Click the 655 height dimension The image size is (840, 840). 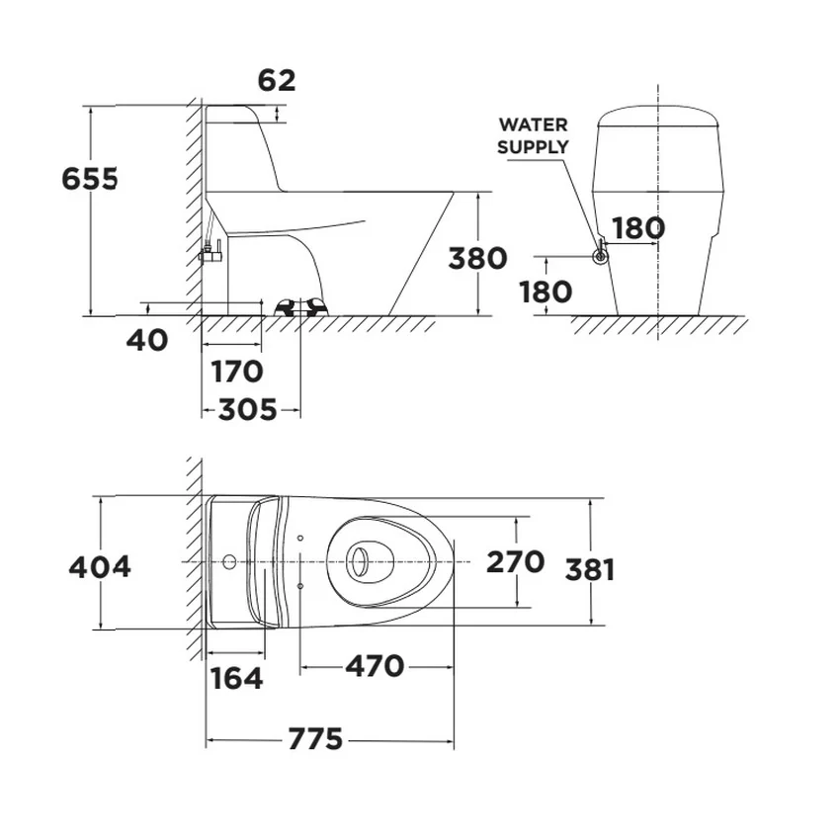[x=90, y=179]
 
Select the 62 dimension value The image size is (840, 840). [x=277, y=80]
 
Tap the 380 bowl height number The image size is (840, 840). [x=477, y=258]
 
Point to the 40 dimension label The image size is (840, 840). [x=147, y=340]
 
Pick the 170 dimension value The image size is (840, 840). [x=237, y=372]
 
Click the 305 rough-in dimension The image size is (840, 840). [x=247, y=410]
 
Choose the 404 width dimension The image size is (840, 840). [x=100, y=567]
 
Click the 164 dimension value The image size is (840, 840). [x=236, y=678]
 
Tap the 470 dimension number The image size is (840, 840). [x=375, y=666]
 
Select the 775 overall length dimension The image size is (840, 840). [x=315, y=739]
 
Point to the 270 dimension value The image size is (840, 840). [x=515, y=562]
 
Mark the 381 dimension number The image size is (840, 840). [x=590, y=570]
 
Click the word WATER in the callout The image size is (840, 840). [x=533, y=125]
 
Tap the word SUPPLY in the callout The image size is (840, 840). [x=533, y=146]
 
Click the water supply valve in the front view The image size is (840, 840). [x=601, y=255]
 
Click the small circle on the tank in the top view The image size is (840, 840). [x=229, y=562]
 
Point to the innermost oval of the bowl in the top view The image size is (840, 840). [x=359, y=562]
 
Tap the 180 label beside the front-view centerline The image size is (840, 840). [x=638, y=228]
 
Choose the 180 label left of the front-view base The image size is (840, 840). [x=546, y=293]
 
